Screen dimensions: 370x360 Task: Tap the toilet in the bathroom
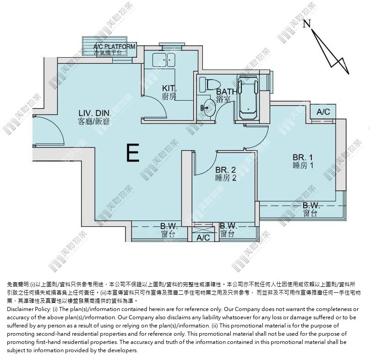pos(210,85)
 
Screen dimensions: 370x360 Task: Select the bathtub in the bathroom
pos(248,97)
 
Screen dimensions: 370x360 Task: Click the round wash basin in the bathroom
pos(209,108)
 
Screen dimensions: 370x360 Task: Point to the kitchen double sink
pos(164,60)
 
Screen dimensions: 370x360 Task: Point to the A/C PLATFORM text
pos(114,47)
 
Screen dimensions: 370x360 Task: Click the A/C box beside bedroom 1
pos(323,112)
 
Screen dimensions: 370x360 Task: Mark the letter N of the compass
pos(306,23)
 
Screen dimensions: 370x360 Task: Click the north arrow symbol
pos(330,51)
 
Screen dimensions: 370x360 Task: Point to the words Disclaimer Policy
pos(29,309)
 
